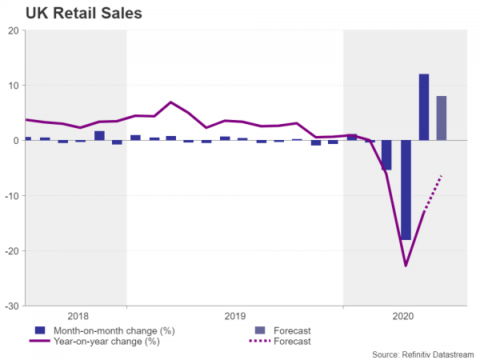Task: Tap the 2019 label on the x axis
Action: [x=234, y=316]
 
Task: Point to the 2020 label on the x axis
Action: [x=406, y=316]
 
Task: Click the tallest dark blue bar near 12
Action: [x=423, y=107]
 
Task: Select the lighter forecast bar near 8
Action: [x=441, y=118]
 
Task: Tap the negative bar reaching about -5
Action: [x=387, y=155]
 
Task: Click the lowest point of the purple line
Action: [x=406, y=266]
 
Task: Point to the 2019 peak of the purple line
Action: [x=170, y=102]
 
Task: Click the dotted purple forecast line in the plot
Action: [x=433, y=193]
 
